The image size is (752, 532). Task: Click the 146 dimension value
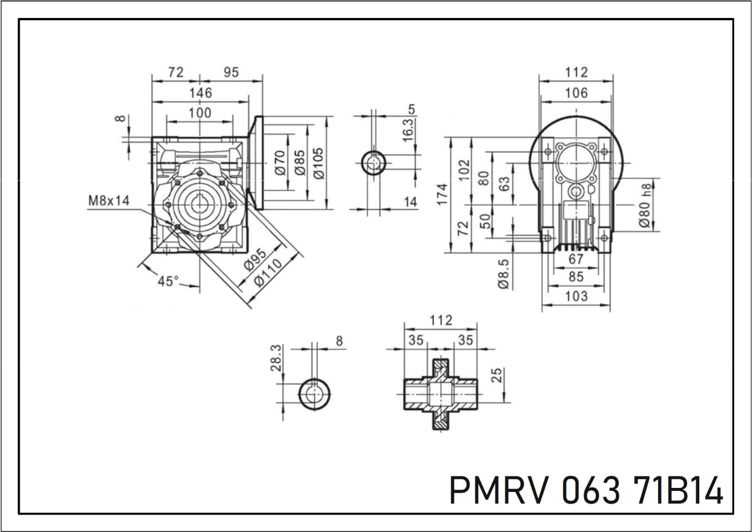tap(200, 93)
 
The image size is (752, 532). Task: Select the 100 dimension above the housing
tap(200, 113)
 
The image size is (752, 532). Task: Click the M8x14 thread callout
tap(109, 201)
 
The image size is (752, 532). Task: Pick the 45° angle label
tap(169, 281)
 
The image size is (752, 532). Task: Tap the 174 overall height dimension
tap(443, 195)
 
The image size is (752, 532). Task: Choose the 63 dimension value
tap(505, 185)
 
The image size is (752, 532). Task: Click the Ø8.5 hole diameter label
tap(503, 273)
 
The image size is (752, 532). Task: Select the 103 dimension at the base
tap(575, 296)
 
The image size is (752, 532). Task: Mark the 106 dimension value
tap(575, 93)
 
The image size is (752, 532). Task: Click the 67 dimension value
tap(575, 258)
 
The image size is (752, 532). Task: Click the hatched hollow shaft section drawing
tap(440, 393)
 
